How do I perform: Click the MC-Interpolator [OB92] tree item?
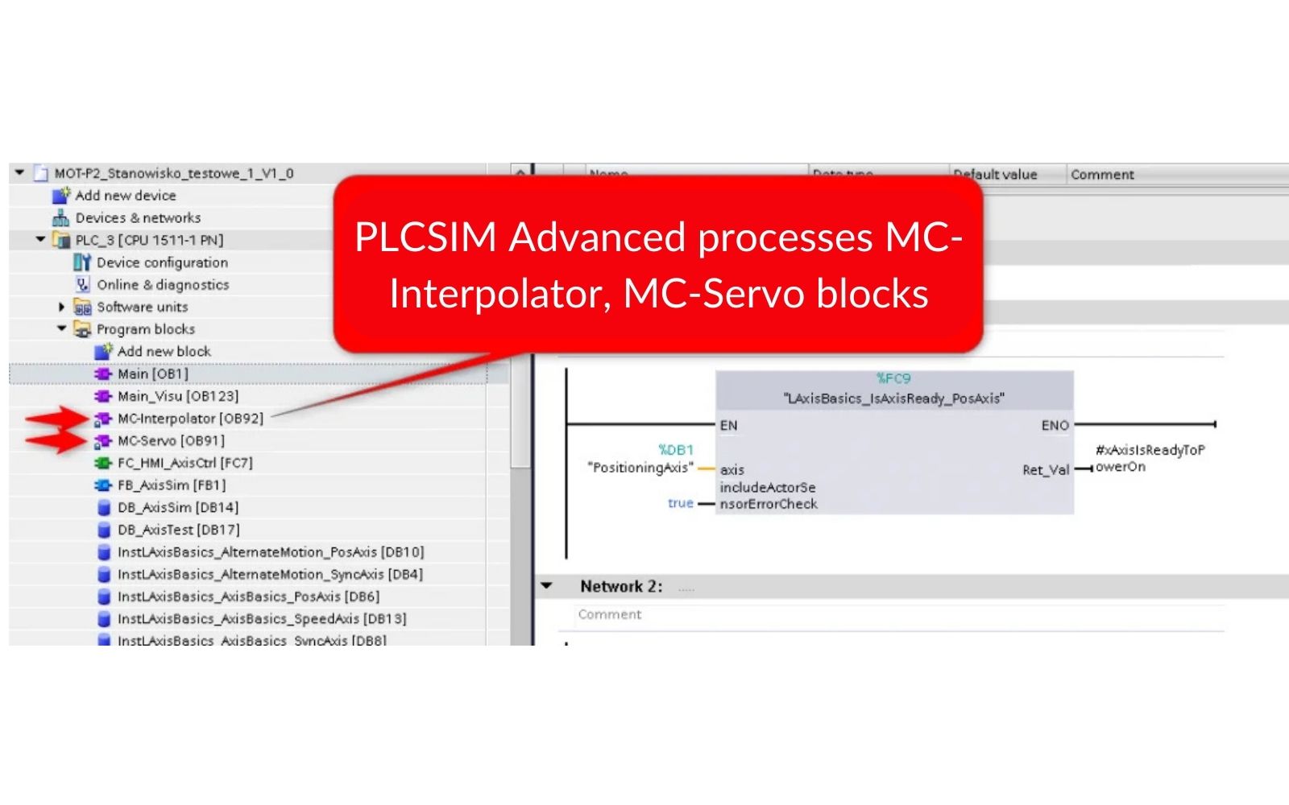pos(190,419)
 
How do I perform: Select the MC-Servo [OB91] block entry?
pos(171,441)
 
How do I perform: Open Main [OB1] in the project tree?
pos(152,374)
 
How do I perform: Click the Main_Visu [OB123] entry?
pos(177,397)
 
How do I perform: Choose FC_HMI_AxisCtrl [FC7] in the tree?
pos(184,463)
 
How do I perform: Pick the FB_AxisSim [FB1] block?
pos(171,485)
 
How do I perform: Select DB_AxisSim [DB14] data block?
pos(177,508)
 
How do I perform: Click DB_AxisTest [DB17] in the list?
pos(178,530)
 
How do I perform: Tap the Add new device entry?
pos(125,196)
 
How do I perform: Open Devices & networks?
pos(138,218)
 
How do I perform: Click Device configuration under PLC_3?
pos(162,262)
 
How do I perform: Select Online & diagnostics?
pos(163,285)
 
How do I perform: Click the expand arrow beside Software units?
pos(62,307)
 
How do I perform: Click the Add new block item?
pos(164,352)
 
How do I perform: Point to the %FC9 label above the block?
pos(893,378)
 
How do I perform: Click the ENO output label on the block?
pos(1055,425)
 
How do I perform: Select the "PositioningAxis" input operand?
pos(640,468)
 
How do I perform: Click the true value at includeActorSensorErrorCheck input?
pos(680,503)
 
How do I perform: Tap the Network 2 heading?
pos(621,587)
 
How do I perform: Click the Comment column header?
pos(1102,175)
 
